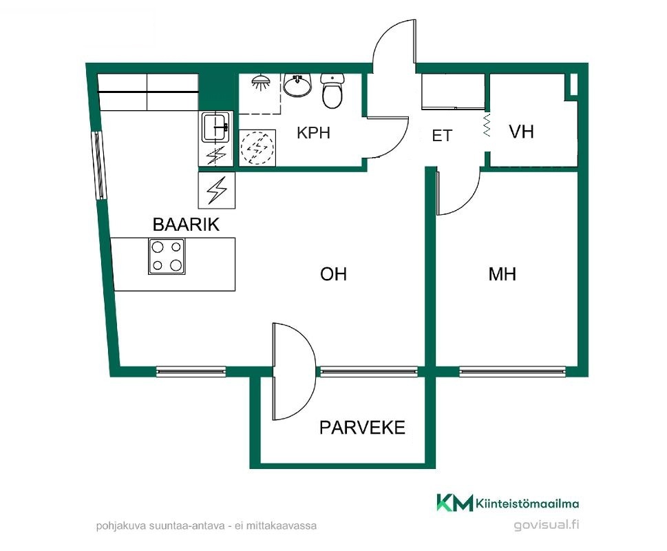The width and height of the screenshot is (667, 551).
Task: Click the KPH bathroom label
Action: click(313, 133)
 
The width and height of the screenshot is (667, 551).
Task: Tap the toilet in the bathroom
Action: click(332, 91)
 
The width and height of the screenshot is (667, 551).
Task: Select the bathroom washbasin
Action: click(297, 85)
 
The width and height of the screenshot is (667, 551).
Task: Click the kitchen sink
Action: click(215, 127)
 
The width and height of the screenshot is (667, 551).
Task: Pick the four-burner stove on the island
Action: click(167, 257)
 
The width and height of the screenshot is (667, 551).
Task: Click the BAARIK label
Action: click(186, 225)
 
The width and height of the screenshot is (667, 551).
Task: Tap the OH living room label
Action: click(333, 274)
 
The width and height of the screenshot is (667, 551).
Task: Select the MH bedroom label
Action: click(502, 274)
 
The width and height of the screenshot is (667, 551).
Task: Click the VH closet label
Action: click(522, 132)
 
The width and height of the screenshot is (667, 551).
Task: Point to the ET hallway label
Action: click(442, 136)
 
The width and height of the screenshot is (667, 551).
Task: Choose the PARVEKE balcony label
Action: click(363, 428)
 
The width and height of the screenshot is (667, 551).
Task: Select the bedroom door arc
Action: click(468, 202)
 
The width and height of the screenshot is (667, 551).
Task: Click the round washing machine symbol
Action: click(257, 147)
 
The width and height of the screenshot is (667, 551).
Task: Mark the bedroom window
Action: click(513, 372)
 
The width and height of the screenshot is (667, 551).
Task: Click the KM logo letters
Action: click(455, 503)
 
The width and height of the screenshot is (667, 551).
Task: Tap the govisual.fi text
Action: click(546, 525)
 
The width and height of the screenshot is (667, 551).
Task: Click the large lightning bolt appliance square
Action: click(217, 190)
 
